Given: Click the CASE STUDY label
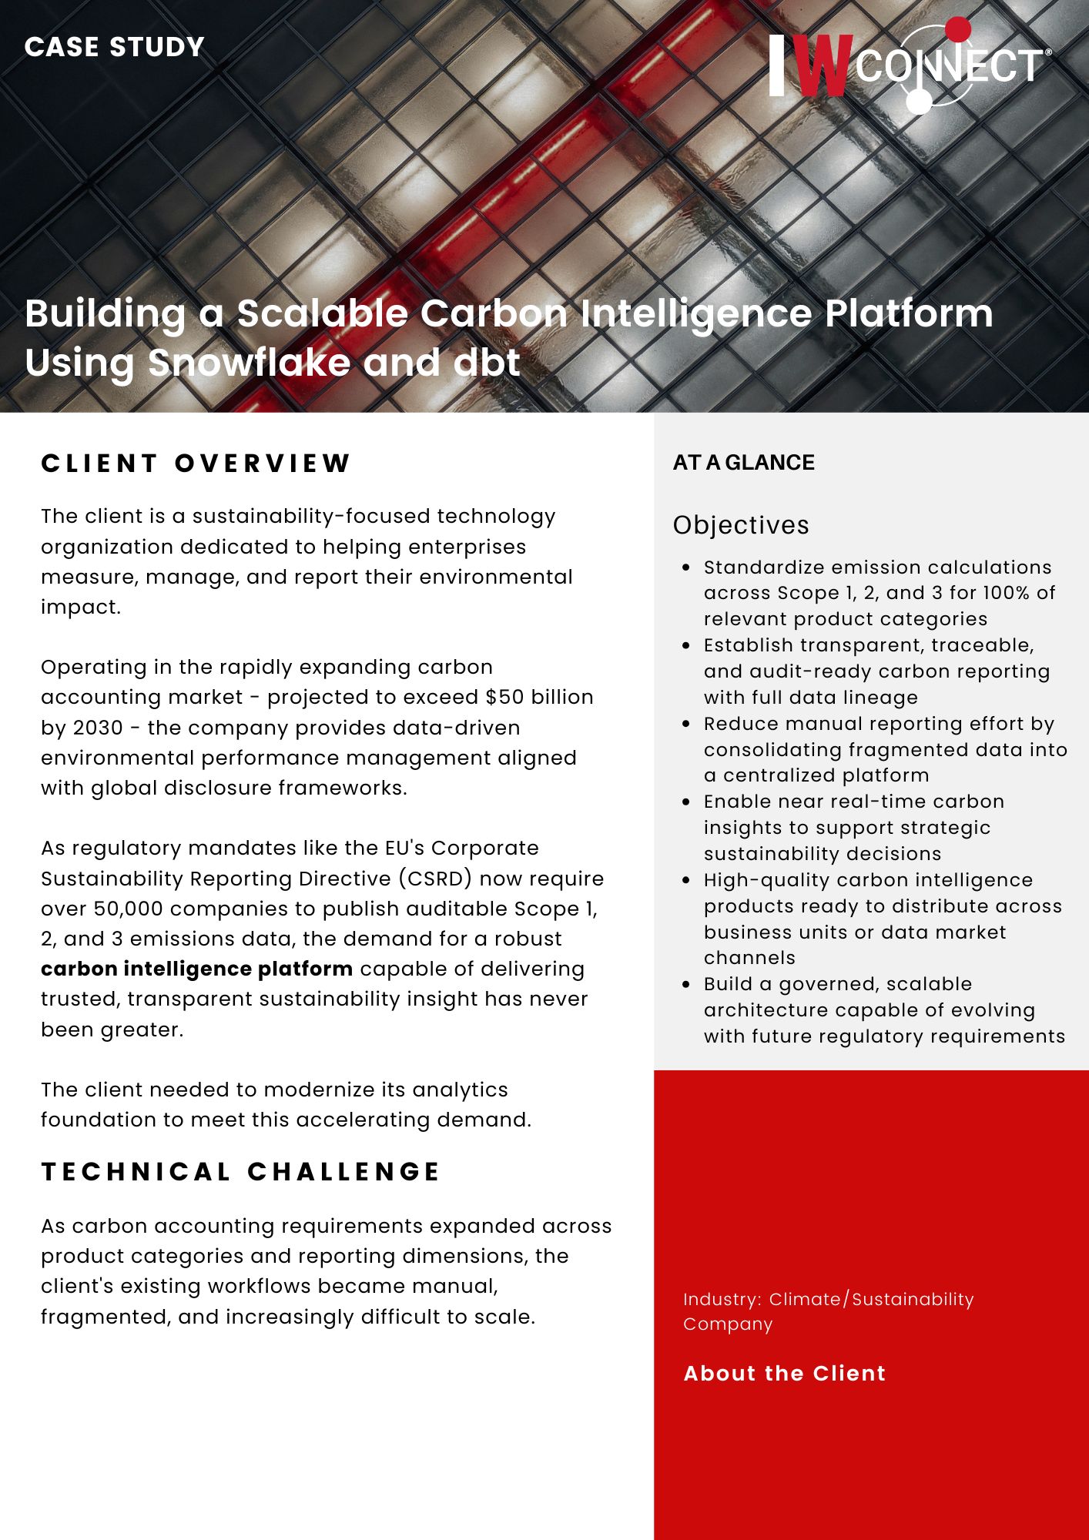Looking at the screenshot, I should (x=114, y=47).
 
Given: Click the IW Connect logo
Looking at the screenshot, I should (x=909, y=65).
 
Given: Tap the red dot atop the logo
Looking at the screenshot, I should (x=957, y=29).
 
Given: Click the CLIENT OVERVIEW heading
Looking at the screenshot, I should (x=196, y=463).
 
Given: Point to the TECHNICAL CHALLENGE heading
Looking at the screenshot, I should (x=240, y=1171).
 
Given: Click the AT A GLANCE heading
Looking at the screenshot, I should (x=743, y=462).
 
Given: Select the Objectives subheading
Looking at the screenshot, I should (x=740, y=525).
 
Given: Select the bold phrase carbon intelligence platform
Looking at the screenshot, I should (x=196, y=969).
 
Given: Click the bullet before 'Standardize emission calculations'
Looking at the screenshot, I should (x=686, y=567).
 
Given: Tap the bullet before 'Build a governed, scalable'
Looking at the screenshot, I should (x=686, y=984).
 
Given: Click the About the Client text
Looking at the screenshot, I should (x=784, y=1374).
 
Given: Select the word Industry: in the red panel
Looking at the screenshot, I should (x=722, y=1299).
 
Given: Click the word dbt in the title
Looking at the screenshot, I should (x=487, y=363).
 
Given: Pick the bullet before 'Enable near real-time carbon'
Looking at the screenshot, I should (x=686, y=802).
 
